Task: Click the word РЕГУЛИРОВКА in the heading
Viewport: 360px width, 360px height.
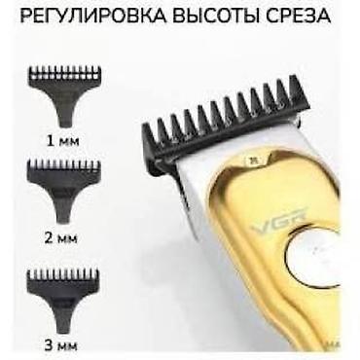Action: click(x=92, y=16)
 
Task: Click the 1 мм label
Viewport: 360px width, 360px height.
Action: click(x=63, y=141)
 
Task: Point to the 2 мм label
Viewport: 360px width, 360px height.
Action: click(x=61, y=238)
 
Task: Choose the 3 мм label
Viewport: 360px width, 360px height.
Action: click(x=61, y=344)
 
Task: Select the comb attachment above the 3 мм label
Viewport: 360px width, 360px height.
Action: click(x=63, y=297)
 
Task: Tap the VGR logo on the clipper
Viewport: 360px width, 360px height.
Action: click(x=278, y=224)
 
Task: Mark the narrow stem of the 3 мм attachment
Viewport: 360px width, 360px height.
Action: click(x=63, y=324)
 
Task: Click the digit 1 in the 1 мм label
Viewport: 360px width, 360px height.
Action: click(x=51, y=141)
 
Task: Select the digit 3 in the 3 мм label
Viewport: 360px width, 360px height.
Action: click(x=49, y=344)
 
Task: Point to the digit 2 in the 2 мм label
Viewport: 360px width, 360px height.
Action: click(x=49, y=238)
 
